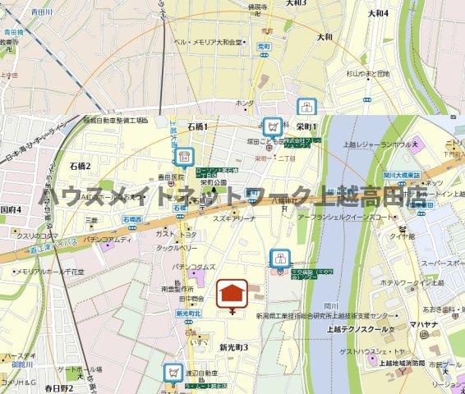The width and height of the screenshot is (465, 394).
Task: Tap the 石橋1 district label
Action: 197,126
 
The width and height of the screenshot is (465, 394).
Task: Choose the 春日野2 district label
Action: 60,387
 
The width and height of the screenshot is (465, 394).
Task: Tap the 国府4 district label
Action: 12,209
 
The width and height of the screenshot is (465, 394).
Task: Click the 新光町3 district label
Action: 233,348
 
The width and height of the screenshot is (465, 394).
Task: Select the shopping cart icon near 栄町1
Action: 270,126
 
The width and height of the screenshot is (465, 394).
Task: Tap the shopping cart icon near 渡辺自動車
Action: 173,372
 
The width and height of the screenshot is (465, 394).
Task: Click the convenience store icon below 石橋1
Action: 184,155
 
